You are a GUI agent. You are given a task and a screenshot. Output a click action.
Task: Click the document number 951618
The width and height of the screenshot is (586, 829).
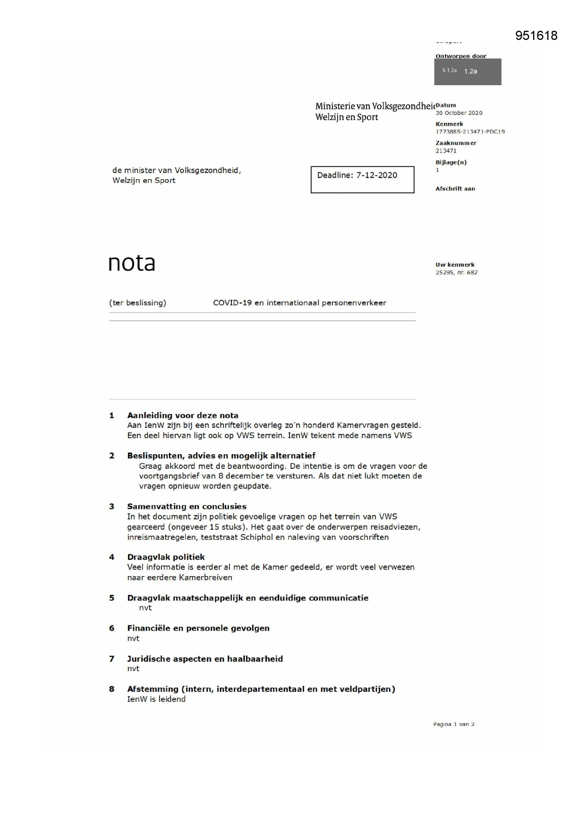[536, 36]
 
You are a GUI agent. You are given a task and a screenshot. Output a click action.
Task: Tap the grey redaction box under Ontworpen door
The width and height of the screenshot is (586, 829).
[467, 72]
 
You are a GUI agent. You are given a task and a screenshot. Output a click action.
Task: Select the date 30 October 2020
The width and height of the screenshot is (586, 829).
[459, 113]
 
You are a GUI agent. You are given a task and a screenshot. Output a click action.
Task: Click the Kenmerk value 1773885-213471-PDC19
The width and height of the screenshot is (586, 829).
[470, 132]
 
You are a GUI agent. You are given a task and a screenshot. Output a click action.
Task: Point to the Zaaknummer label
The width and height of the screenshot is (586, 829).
[456, 143]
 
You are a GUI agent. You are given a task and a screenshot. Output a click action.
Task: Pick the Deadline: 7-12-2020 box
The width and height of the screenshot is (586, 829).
[362, 179]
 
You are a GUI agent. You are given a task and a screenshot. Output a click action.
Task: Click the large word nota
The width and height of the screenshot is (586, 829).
[132, 263]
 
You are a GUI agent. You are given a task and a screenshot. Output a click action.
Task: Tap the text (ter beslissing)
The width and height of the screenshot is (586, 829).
[137, 303]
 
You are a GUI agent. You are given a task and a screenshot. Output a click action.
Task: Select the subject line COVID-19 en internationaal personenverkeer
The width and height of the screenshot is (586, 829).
[299, 303]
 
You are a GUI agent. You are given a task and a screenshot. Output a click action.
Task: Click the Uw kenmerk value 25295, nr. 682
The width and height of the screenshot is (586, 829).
[456, 273]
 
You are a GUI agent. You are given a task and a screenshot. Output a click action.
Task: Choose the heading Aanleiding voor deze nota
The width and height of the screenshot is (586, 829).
[183, 415]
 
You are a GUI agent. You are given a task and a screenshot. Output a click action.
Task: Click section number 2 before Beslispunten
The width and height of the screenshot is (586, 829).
[112, 456]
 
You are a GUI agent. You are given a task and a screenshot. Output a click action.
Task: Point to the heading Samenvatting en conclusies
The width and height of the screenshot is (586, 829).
[187, 507]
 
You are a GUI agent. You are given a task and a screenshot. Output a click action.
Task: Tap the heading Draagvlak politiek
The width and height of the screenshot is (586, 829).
[166, 557]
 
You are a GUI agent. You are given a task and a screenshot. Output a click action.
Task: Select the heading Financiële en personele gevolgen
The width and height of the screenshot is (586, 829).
[198, 628]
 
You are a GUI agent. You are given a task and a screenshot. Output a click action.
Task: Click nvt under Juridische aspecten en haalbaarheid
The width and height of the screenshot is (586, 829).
[133, 669]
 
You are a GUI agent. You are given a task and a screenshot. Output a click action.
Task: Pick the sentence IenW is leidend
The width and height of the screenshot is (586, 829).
[156, 699]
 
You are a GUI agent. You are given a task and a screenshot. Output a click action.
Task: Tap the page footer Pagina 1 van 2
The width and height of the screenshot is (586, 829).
[454, 724]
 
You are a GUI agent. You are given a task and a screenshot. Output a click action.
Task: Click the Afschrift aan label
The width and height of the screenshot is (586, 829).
[455, 189]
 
